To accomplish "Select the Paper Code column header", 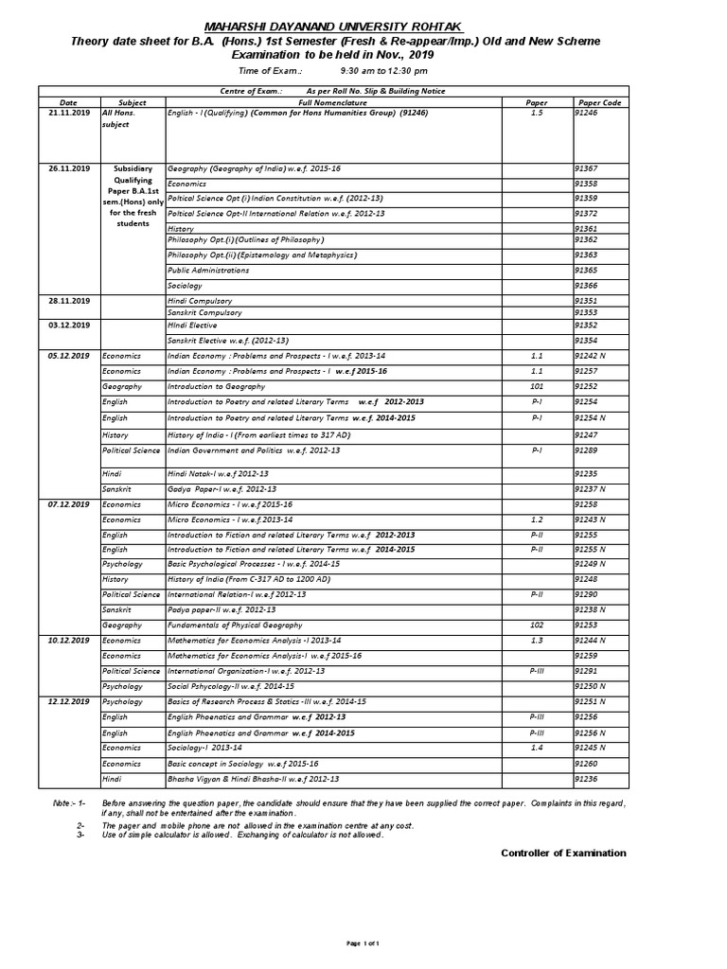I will [599, 101].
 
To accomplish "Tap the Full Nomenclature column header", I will [332, 101].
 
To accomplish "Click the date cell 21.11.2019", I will [68, 113].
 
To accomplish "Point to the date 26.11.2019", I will [68, 167].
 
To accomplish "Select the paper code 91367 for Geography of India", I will [587, 167].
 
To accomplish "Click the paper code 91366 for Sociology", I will [587, 285].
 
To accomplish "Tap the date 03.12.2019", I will [68, 325].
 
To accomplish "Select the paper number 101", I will [536, 386].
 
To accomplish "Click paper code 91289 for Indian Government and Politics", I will [587, 450].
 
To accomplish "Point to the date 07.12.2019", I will [68, 505].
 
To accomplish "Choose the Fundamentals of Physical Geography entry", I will [235, 625].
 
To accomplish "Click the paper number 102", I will [536, 625].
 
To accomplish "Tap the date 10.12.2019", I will [68, 641].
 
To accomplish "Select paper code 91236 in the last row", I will [587, 778].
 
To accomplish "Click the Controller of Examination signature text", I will [563, 853].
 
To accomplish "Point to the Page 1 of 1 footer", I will [363, 944].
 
